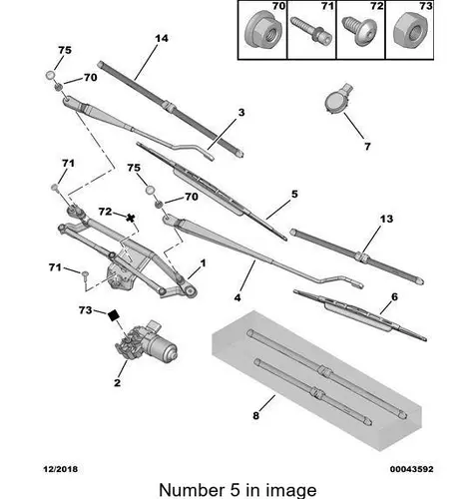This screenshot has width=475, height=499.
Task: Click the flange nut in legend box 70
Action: (262, 33)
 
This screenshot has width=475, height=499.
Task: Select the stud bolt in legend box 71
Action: (311, 30)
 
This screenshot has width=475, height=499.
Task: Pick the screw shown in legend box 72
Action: (359, 29)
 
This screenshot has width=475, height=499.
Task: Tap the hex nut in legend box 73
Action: (410, 31)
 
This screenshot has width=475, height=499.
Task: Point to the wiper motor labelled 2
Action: (147, 343)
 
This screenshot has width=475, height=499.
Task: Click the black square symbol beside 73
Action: (114, 315)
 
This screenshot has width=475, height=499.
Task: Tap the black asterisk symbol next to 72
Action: (131, 219)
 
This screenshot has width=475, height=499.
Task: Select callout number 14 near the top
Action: (162, 38)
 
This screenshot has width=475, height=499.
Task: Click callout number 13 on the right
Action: (386, 219)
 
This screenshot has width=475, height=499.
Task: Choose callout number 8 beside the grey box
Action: (255, 415)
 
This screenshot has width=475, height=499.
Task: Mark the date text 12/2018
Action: (60, 469)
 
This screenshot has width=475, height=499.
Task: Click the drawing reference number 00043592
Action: (412, 469)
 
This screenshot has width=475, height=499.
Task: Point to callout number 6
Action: (394, 296)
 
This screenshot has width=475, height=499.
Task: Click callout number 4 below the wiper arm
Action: (237, 297)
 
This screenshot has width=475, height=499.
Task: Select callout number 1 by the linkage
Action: (203, 263)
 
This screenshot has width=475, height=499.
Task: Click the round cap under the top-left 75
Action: (50, 75)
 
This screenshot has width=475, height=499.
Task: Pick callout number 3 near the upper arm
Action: (241, 113)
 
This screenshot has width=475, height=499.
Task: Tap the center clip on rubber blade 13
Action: (362, 257)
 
